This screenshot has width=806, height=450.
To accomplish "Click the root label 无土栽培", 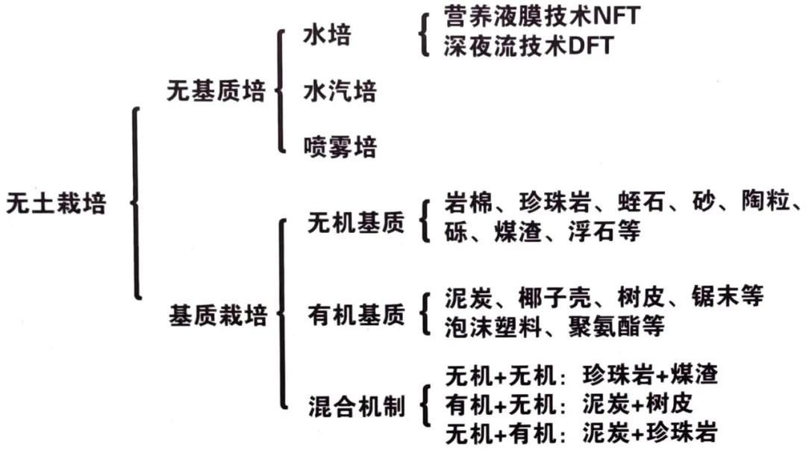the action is pos(56,203).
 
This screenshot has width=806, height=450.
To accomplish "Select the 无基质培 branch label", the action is pos(216,91).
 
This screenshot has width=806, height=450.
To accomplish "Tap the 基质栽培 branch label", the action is pos(218,315).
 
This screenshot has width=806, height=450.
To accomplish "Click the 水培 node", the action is pos(327,35).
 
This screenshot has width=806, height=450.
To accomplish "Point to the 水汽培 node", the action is pos(340,91).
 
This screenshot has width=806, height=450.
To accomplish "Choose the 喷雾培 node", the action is pos(340,147).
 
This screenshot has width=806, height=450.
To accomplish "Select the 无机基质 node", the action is pos(356,222).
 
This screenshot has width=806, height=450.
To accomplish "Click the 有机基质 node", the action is pos(356,314).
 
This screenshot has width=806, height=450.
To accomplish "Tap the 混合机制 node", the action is pos(356,406).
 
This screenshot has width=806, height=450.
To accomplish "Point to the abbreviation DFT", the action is pos(590,46).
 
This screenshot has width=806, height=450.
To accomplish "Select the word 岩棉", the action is pos(468,201).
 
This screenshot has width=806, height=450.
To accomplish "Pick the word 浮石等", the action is pos(604,231).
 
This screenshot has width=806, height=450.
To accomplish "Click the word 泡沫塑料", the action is pos(493,327).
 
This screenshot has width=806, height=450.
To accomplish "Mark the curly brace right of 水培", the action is pos(424,34).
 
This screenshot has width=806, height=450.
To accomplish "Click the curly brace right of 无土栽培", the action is pos(137,203).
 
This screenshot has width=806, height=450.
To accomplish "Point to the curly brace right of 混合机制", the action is pos(425,406).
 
